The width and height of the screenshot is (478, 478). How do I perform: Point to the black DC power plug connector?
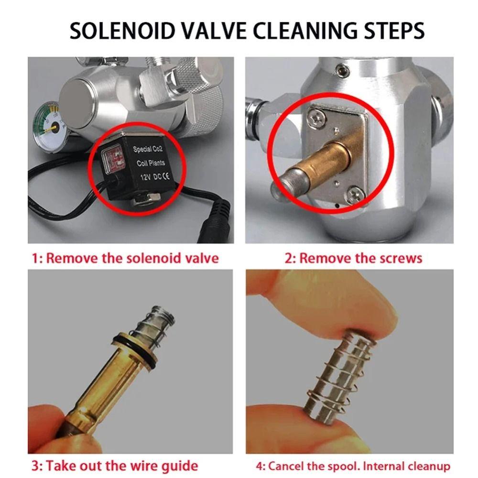point(217,221)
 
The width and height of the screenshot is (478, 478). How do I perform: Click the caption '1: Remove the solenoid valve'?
point(125,259)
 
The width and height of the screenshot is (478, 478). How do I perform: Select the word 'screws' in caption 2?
point(400,259)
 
